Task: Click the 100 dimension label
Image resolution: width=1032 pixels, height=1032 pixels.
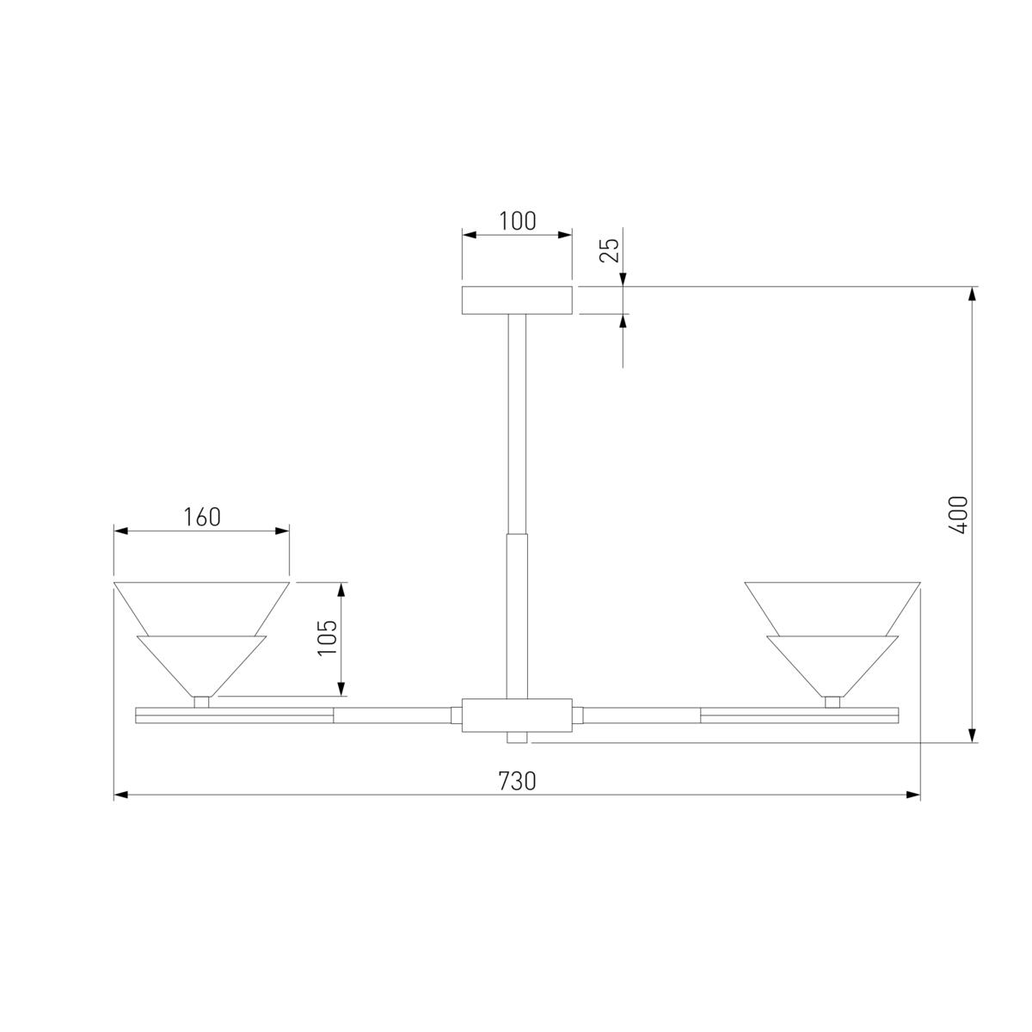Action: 518,221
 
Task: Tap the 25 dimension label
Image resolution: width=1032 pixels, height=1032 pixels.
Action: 610,249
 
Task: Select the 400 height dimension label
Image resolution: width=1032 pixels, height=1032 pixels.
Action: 958,514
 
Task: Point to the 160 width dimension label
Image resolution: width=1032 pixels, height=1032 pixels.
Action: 202,518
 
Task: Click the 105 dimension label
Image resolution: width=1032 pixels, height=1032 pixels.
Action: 327,637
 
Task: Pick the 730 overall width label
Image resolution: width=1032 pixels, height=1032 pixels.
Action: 518,782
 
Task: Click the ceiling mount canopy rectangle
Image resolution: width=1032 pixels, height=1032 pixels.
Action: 518,300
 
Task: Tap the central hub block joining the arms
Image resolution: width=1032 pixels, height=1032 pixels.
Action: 518,715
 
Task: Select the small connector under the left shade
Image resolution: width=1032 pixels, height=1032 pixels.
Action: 201,702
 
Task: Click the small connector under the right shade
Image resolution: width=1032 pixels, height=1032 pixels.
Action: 832,702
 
